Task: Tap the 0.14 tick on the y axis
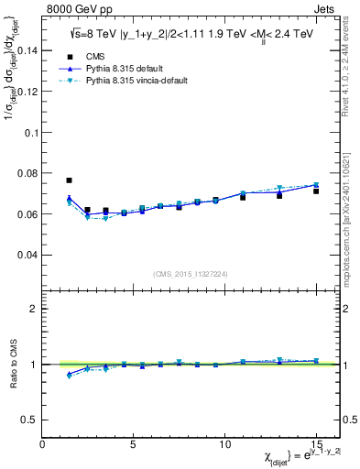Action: [x=28, y=51]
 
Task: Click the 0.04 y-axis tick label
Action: [x=28, y=255]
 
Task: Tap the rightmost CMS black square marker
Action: [x=316, y=191]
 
